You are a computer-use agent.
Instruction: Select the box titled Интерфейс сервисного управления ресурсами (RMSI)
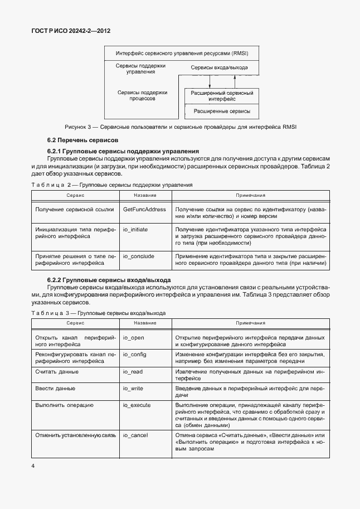click(x=182, y=54)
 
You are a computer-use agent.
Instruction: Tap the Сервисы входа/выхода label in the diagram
click(x=219, y=67)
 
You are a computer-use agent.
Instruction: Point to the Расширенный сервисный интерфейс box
click(x=222, y=95)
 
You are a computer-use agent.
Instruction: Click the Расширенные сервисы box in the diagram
click(x=222, y=112)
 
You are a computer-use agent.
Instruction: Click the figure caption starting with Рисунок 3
click(x=181, y=127)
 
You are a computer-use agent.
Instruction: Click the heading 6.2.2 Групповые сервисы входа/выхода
click(x=109, y=279)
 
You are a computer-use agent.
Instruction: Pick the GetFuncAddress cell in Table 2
click(x=144, y=209)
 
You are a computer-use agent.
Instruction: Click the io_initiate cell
click(x=135, y=229)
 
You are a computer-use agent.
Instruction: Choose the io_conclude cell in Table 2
click(x=138, y=256)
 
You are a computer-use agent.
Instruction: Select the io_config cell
click(x=134, y=354)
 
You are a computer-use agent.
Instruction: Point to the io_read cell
click(x=133, y=371)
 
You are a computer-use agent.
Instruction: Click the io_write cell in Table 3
click(x=134, y=387)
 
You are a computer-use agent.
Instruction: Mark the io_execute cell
click(x=137, y=404)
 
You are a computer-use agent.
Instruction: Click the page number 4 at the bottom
click(x=33, y=466)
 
